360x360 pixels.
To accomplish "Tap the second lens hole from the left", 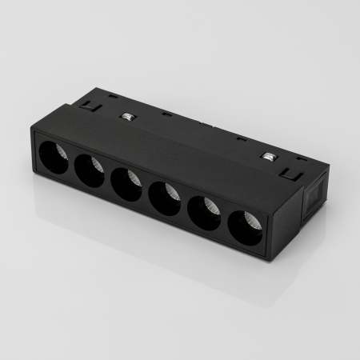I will pos(89,170).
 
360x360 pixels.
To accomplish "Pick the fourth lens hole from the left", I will pos(164,198).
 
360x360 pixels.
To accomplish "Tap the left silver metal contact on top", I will pos(126,117).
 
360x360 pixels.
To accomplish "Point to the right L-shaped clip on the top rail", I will pos(292,170).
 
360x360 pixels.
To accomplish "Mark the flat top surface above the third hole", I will pos(144,148).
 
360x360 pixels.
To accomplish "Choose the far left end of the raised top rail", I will pos(81,102).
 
